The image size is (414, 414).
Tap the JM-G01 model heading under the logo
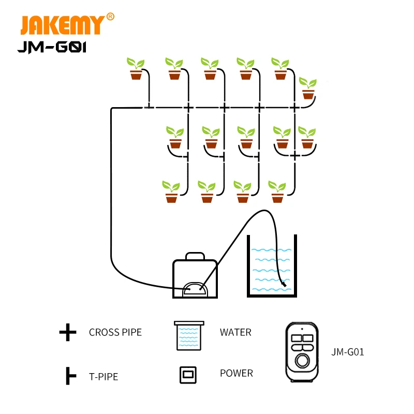(x=51, y=48)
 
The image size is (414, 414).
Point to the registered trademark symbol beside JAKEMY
(x=110, y=17)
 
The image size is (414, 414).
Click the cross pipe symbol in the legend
(x=68, y=333)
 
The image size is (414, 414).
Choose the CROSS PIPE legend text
(x=115, y=332)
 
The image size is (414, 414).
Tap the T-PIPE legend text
(x=103, y=377)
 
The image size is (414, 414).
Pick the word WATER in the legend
(x=235, y=332)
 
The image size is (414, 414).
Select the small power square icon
(x=188, y=375)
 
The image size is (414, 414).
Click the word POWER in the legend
(x=236, y=373)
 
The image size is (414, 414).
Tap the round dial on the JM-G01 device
(x=301, y=359)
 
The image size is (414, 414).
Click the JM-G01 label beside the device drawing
(x=348, y=352)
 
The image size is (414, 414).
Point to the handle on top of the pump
(x=195, y=256)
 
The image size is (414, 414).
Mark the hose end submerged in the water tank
(x=284, y=284)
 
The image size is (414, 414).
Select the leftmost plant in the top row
(x=136, y=69)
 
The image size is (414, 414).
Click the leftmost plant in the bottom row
(x=171, y=191)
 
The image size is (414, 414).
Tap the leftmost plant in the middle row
(x=175, y=137)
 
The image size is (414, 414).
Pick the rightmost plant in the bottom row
(x=277, y=191)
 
